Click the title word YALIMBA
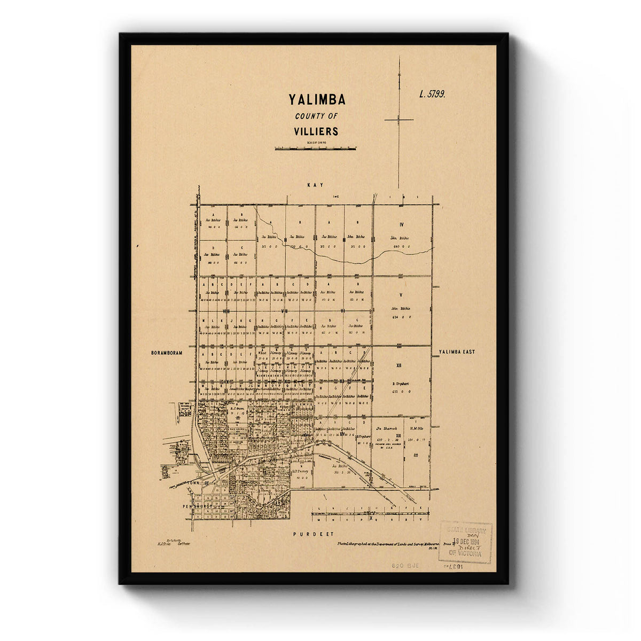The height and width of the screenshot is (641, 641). [317, 100]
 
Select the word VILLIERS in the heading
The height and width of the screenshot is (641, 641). [316, 131]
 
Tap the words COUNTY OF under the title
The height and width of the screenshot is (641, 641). [316, 116]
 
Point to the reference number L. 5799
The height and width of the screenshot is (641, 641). [432, 94]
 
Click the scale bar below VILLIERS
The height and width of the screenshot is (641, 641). [315, 148]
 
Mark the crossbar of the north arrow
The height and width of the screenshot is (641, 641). [398, 120]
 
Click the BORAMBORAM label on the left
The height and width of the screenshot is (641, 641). [167, 353]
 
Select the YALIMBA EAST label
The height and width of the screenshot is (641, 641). [457, 352]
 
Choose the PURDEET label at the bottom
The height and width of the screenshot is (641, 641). [313, 534]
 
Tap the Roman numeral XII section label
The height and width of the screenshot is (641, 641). [398, 366]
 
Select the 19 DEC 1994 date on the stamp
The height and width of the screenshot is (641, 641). [465, 541]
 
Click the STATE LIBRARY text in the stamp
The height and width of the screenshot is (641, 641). [465, 530]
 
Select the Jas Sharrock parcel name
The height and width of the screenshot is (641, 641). [385, 428]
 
